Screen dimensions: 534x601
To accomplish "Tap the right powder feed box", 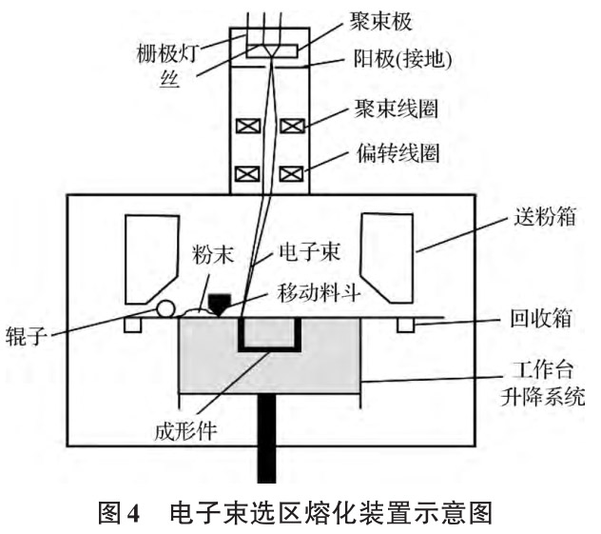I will click(x=388, y=252).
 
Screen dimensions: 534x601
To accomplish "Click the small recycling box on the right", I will click(x=407, y=326).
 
